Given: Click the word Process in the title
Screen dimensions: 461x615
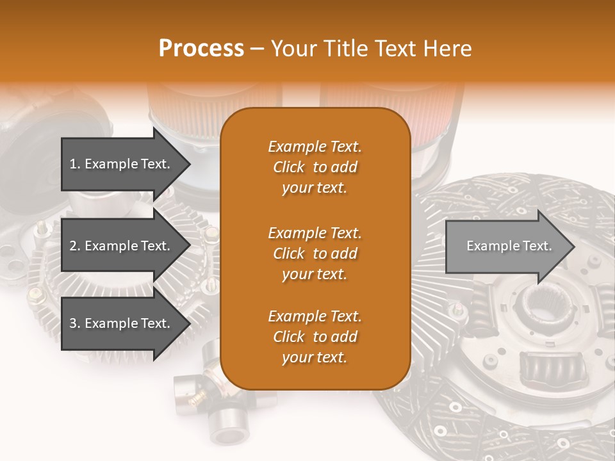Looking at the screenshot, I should coord(201,49).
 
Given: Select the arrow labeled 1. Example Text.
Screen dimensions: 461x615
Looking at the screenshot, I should coord(122,164).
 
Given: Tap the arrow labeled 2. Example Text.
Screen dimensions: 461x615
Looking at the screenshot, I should coord(122,246).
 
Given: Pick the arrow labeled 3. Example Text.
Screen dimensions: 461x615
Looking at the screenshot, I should coord(122,323).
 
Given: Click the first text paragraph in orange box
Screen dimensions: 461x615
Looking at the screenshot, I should coord(315,167).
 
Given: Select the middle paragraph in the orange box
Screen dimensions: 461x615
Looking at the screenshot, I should coord(315,254).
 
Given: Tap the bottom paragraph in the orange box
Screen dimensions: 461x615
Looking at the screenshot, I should coord(315,337).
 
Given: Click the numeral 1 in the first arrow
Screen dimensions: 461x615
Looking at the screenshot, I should coord(72,164).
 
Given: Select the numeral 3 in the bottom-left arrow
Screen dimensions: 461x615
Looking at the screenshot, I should coord(72,323).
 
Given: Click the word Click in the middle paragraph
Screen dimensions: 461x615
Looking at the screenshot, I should coord(289,254).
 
